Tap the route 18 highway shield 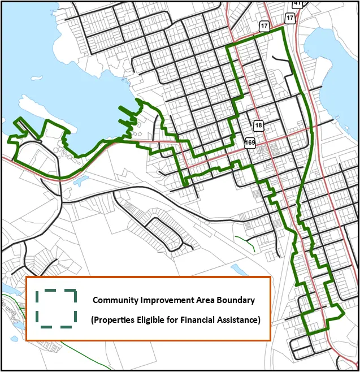click(259, 126)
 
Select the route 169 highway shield click(250, 142)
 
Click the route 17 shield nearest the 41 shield click(290, 18)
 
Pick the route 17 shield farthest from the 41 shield click(264, 26)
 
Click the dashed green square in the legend click(56, 309)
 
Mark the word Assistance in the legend click(240, 319)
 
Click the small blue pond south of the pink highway click(81, 181)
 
